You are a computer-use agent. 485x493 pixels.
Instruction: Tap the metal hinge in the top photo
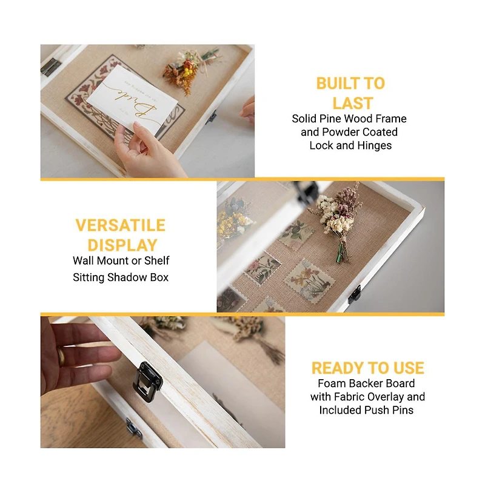(51, 66)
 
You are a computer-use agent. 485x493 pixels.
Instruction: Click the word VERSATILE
(120, 225)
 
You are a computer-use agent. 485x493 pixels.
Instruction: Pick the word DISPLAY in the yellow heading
(122, 245)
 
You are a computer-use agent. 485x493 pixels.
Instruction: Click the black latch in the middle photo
(355, 294)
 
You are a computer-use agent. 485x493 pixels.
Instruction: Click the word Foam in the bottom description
(332, 383)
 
